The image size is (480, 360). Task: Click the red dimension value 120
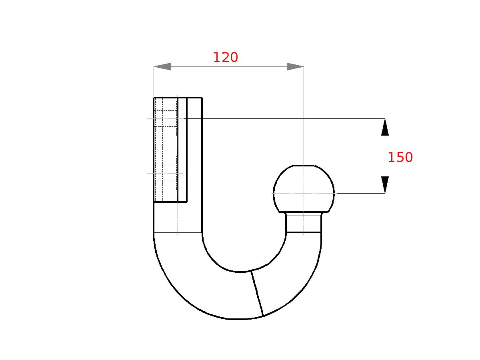pyautogui.click(x=225, y=58)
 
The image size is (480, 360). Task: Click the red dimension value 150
pyautogui.click(x=400, y=158)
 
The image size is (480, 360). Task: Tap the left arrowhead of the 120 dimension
pyautogui.click(x=162, y=67)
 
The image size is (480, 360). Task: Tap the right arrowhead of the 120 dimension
pyautogui.click(x=295, y=67)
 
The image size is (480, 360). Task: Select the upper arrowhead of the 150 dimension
pyautogui.click(x=385, y=127)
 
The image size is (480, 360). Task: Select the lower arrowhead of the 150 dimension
pyautogui.click(x=385, y=185)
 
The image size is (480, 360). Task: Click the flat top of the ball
pyautogui.click(x=304, y=165)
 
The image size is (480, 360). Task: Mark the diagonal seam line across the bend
pyautogui.click(x=257, y=294)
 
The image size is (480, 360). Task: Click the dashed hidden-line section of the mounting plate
pyautogui.click(x=166, y=150)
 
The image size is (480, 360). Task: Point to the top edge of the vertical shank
pyautogui.click(x=178, y=97)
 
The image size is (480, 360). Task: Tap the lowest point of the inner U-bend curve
pyautogui.click(x=240, y=272)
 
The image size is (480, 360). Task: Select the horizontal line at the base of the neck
pyautogui.click(x=304, y=232)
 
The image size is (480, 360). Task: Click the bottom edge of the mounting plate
pyautogui.click(x=170, y=202)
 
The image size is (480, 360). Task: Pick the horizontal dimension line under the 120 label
pyautogui.click(x=228, y=67)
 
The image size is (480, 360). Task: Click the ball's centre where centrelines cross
pyautogui.click(x=304, y=193)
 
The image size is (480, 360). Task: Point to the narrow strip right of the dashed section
pyautogui.click(x=182, y=150)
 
